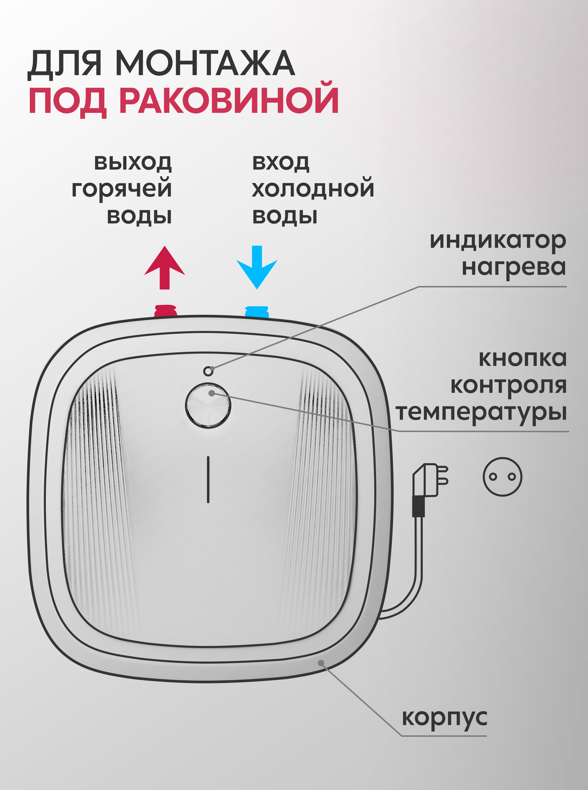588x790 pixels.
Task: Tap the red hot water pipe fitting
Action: coord(165,310)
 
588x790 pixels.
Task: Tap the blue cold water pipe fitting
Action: coord(257,311)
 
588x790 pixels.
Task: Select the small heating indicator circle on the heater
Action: coord(208,371)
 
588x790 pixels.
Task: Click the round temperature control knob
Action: coord(208,406)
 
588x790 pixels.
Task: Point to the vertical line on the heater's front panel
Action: coord(208,480)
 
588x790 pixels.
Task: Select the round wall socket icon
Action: coord(502,477)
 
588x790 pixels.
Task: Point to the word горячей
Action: coord(122,189)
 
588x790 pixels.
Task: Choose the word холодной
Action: coord(313,189)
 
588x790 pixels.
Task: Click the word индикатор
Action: coord(498,241)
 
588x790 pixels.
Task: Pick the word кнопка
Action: coord(522,358)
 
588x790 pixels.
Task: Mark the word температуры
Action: coord(481,413)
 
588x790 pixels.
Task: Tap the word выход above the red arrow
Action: coord(133,162)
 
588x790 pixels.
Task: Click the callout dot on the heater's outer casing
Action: coord(321,663)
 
